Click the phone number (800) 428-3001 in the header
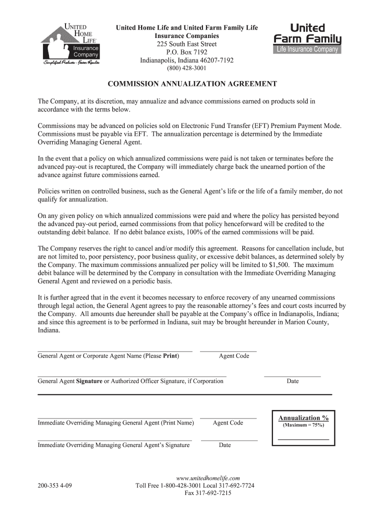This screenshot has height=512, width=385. (x=186, y=68)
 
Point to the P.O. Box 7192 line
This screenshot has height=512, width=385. (x=186, y=52)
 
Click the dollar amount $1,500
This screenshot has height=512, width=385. (x=279, y=265)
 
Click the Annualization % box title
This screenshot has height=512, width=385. (x=303, y=418)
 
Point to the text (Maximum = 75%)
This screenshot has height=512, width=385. (x=303, y=425)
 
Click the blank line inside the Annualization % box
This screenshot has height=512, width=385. (x=303, y=439)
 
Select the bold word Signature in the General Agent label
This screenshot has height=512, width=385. (x=89, y=381)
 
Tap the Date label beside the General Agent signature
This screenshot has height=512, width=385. (x=292, y=381)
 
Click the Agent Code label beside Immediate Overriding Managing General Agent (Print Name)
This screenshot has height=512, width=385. (x=228, y=423)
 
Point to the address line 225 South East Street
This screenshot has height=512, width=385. (x=186, y=44)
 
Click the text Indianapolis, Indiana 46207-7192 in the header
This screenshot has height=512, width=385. (x=186, y=60)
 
